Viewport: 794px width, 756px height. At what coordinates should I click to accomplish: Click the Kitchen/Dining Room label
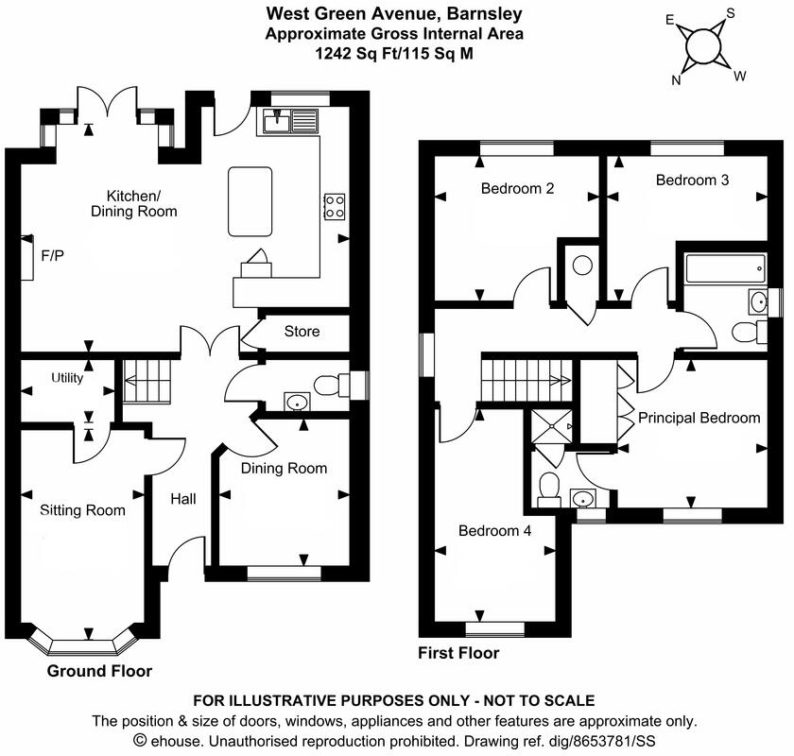[x=141, y=203]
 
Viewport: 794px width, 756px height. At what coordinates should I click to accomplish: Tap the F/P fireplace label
[x=53, y=255]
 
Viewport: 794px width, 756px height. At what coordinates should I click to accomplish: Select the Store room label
[x=302, y=332]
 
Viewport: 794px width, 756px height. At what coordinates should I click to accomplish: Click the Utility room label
[x=67, y=378]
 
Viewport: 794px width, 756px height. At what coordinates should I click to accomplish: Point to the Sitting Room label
[x=82, y=510]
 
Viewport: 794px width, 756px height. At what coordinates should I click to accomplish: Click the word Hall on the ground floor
[x=182, y=498]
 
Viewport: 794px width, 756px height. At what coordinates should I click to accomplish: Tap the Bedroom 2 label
[x=517, y=188]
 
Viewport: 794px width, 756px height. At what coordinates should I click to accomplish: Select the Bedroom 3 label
[x=692, y=180]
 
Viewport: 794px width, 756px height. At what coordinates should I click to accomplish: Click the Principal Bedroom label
[x=699, y=417]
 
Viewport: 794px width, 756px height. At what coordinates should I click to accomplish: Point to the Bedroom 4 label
[x=494, y=530]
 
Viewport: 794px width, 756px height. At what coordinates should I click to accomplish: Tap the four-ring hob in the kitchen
[x=334, y=206]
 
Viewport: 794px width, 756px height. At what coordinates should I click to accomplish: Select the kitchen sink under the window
[x=281, y=120]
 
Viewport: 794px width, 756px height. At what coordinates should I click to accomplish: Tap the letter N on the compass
[x=676, y=80]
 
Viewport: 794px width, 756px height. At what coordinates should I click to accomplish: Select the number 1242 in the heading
[x=335, y=55]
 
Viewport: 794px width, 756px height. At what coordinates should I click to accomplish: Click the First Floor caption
[x=458, y=653]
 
